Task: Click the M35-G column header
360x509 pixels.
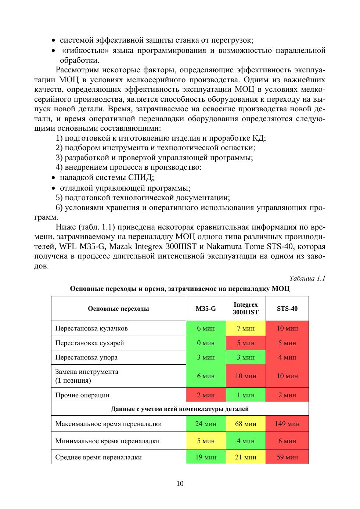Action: (x=206, y=308)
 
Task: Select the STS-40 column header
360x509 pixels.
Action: (x=287, y=308)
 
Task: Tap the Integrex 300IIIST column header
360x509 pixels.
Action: (x=246, y=308)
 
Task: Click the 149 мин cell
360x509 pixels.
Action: (x=287, y=424)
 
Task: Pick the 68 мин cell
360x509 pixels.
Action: (x=246, y=424)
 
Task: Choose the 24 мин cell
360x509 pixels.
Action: (x=206, y=424)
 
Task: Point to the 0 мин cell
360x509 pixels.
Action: (x=206, y=343)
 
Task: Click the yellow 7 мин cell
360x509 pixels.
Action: (x=246, y=328)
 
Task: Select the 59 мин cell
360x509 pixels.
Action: (x=287, y=457)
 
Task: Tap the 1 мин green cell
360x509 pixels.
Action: (x=246, y=395)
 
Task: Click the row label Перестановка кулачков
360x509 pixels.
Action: (x=91, y=328)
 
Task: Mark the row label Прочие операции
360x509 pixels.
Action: (x=82, y=395)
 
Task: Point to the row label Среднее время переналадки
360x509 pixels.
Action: (x=98, y=457)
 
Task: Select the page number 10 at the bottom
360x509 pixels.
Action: (x=180, y=484)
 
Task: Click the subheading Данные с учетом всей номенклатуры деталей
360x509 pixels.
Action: (x=180, y=409)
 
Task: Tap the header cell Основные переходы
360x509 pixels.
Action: (x=118, y=308)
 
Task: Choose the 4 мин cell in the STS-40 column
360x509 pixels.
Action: (x=287, y=357)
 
